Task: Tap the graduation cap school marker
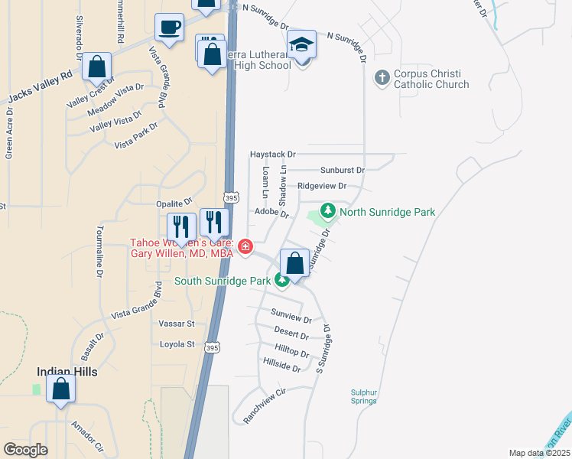[x=302, y=46]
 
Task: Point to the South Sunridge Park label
[x=223, y=281]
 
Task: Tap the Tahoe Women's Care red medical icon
[x=245, y=246]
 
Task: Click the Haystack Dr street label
[x=272, y=155]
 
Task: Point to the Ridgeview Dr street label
[x=322, y=186]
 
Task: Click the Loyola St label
[x=177, y=344]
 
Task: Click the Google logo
[x=25, y=450]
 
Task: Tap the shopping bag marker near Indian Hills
[x=60, y=389]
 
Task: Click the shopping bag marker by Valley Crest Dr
[x=97, y=67]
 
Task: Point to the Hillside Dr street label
[x=281, y=366]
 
